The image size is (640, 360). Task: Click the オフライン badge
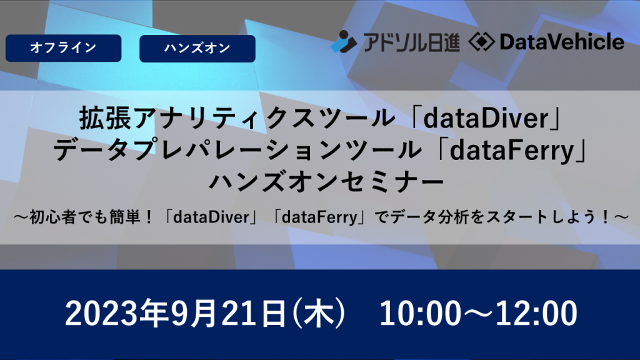[x=63, y=48]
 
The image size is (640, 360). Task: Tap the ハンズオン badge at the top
[x=197, y=48]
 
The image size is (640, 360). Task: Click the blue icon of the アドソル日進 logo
[x=343, y=42]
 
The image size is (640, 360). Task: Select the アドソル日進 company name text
[x=409, y=42]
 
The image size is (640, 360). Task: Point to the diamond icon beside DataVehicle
[x=482, y=42]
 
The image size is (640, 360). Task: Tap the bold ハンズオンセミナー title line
[x=319, y=183]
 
